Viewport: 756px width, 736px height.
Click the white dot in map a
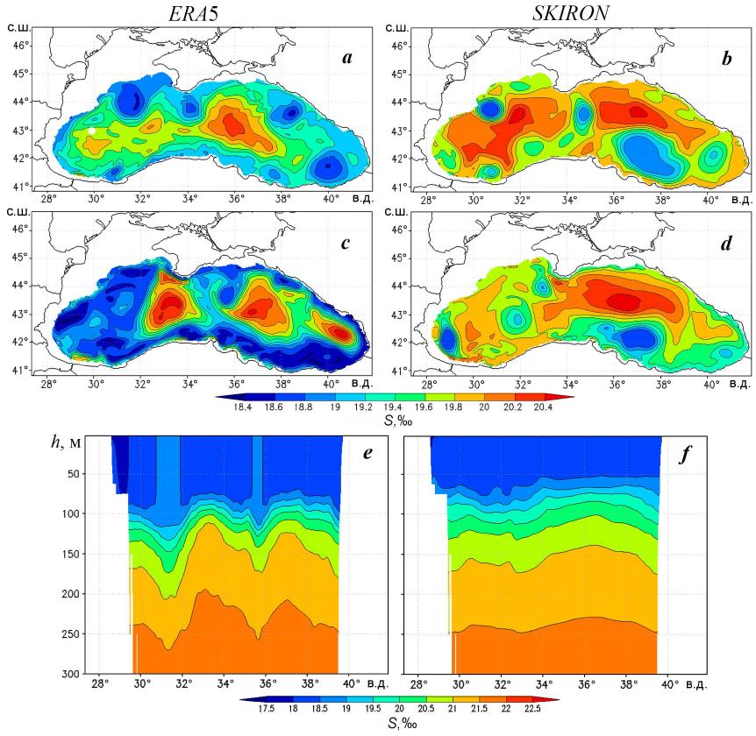92,131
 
